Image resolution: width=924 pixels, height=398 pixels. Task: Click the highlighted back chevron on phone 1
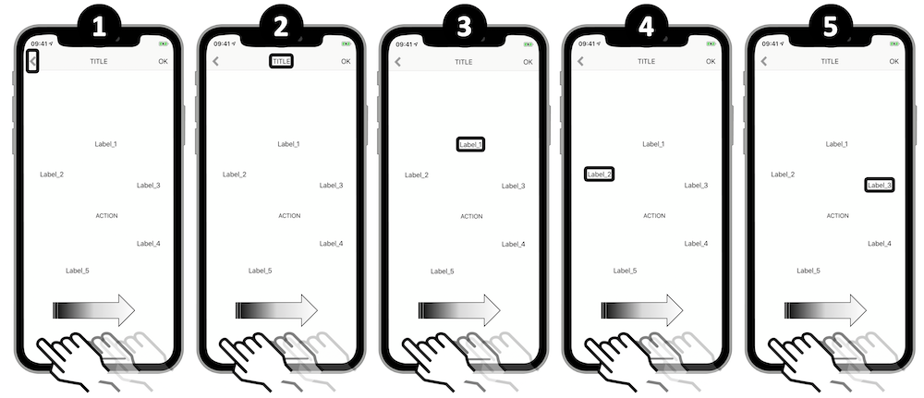point(33,61)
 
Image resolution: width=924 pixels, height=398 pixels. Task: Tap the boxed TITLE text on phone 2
point(281,61)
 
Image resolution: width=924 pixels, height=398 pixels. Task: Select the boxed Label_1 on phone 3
point(470,144)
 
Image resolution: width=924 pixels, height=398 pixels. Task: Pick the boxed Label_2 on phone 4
point(599,174)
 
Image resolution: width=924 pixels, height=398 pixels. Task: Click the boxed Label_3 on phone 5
point(880,185)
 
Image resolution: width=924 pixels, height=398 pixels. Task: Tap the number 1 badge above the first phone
point(99,26)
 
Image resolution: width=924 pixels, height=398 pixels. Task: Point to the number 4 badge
point(647,26)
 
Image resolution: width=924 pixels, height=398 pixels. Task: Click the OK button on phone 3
point(528,62)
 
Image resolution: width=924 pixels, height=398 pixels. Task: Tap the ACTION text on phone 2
point(289,216)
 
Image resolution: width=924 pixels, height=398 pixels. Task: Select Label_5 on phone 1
point(78,271)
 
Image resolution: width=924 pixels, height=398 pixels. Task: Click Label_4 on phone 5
point(880,244)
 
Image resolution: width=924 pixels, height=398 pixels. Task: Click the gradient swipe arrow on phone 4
point(642,310)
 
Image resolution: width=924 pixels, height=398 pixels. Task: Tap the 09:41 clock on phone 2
point(221,43)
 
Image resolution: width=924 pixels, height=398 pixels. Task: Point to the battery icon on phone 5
point(894,43)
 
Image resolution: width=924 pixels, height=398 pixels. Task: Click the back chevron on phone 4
point(580,61)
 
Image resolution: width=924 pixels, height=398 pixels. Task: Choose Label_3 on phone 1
point(149,186)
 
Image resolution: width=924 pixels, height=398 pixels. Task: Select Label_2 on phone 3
point(417,175)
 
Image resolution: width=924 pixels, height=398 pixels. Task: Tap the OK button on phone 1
point(164,61)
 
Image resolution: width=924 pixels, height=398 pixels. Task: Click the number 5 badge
point(831,26)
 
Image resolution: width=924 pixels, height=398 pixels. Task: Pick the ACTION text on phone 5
point(837,216)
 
